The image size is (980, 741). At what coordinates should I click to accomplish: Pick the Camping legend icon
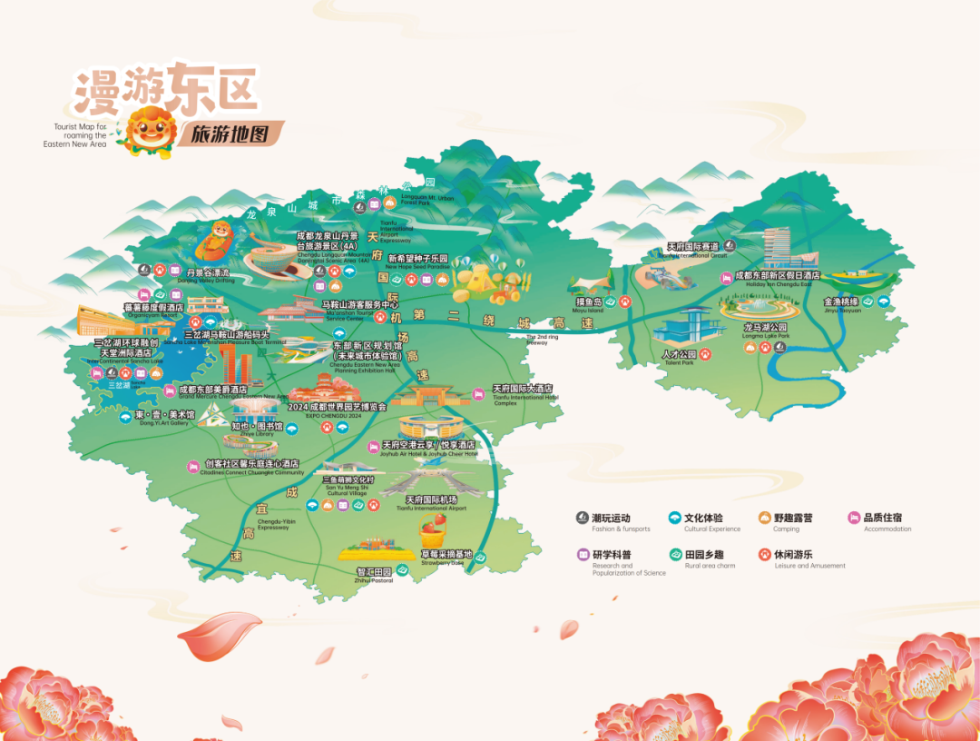click(764, 519)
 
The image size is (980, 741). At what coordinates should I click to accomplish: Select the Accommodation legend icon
click(854, 519)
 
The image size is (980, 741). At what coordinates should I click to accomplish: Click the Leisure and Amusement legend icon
click(764, 555)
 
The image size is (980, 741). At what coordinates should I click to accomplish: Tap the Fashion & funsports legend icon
click(583, 519)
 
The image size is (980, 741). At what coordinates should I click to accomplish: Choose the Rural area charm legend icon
click(675, 555)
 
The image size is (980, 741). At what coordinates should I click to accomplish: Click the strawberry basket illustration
click(433, 529)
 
